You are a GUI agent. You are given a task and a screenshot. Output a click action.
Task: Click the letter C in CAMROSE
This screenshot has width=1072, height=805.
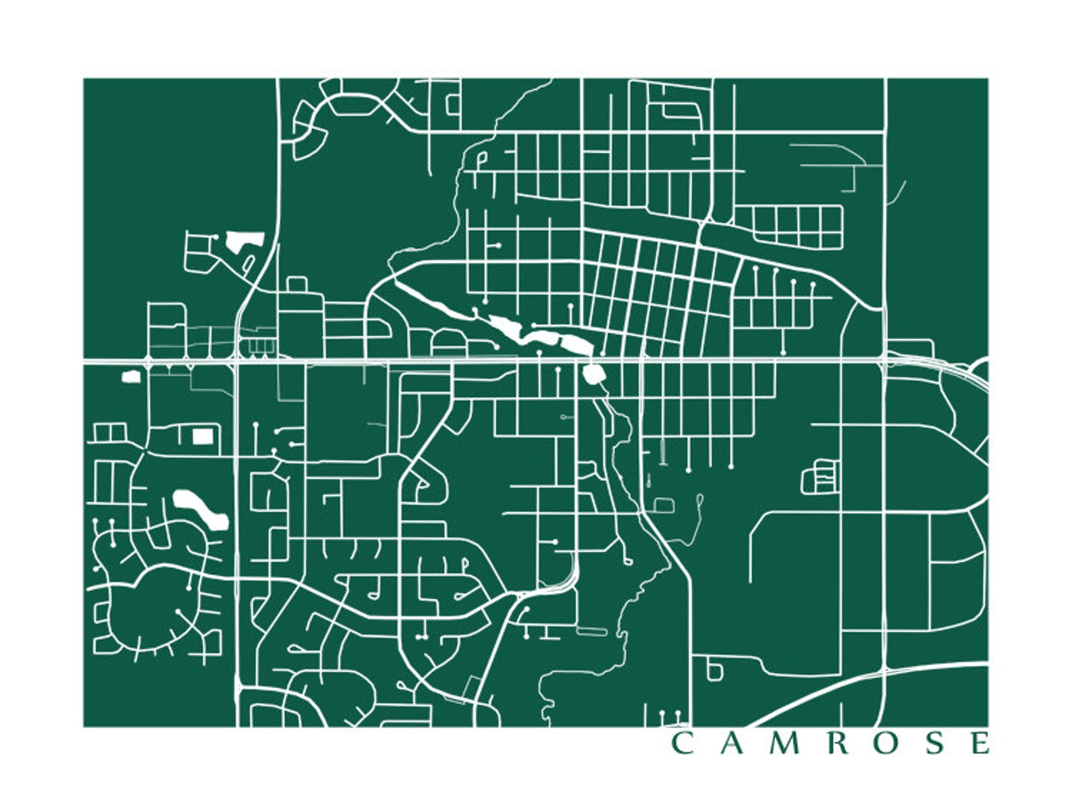pyautogui.click(x=681, y=743)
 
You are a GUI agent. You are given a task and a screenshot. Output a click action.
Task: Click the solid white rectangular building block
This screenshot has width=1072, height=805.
pyautogui.click(x=202, y=436)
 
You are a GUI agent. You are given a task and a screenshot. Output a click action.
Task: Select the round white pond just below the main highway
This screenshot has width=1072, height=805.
pyautogui.click(x=593, y=373)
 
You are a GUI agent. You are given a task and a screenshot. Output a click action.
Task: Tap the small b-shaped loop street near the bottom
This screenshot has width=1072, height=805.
pyautogui.click(x=713, y=670)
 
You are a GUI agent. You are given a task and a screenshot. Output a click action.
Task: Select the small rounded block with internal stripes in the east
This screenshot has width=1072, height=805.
pyautogui.click(x=820, y=476)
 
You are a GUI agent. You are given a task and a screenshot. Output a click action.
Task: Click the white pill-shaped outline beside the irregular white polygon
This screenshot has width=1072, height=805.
pyautogui.click(x=248, y=263)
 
